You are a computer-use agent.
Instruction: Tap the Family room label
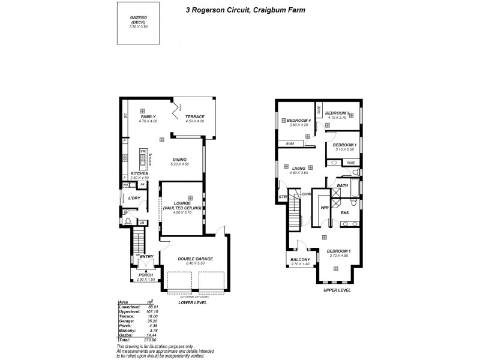tap(148, 116)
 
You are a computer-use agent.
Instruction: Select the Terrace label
tap(195, 116)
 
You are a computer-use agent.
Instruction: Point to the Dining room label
tap(180, 160)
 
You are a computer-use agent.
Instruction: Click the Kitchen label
tap(138, 173)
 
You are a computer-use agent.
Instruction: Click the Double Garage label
tap(196, 259)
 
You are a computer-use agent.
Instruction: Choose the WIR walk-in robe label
tap(325, 208)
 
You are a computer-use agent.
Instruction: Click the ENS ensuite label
tap(344, 212)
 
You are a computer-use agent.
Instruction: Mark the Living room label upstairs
tap(298, 169)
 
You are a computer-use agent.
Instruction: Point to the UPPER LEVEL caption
tap(337, 290)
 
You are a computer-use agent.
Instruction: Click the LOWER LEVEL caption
tap(193, 303)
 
